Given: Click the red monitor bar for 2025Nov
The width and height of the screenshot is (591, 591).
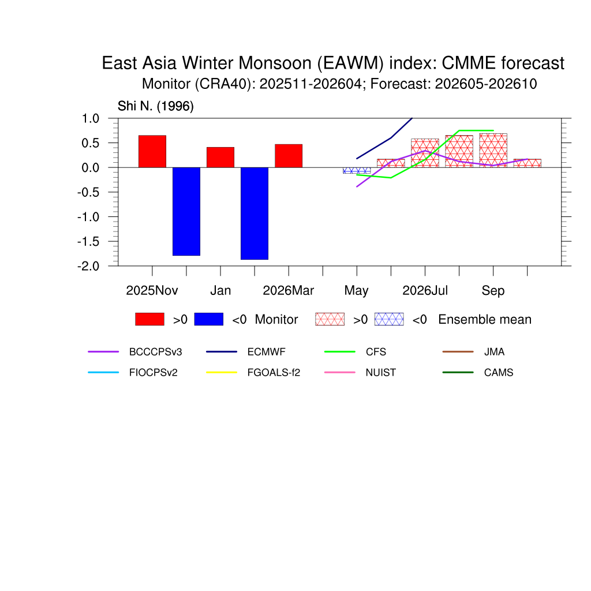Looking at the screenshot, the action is coord(152,151).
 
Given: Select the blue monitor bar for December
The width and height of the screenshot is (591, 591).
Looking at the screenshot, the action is coord(186,211).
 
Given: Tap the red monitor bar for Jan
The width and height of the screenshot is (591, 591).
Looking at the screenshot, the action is coord(220,157).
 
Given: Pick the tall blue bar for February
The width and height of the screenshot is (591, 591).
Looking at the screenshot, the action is coord(255,214).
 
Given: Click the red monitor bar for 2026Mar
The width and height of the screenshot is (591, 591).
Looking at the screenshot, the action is coord(289,156).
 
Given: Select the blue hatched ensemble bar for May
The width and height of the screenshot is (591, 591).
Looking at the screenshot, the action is coord(357,170).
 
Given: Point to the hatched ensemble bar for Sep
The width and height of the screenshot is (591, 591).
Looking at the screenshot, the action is coord(493,151).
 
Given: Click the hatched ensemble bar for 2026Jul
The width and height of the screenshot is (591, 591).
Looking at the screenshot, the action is coord(425,153).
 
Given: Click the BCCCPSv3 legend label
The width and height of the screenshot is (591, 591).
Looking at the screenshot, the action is coord(155,352).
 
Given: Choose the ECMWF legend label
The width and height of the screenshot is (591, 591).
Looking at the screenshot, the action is coord(267,352).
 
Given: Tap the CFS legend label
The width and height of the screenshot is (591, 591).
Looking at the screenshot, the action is coord(376,352).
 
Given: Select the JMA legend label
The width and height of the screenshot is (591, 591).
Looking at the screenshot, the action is coord(494,352).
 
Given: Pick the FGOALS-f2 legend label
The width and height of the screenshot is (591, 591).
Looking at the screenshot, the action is coord(274,373).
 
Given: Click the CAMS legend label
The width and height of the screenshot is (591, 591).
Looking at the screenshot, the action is coord(499,373).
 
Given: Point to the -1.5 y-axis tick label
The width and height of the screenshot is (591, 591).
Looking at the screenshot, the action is coord(88,242).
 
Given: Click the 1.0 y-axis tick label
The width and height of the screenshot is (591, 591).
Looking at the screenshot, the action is coord(91,119).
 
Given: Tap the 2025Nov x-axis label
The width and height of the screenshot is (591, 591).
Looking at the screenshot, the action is coord(152,291).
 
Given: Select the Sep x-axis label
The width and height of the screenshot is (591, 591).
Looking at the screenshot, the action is coord(493,291).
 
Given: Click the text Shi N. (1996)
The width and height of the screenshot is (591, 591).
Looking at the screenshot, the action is coord(156,106).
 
